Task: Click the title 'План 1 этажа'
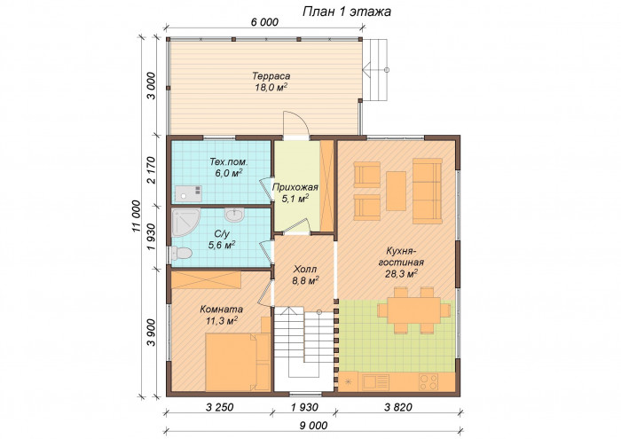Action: click(347, 12)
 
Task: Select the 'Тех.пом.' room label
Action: click(227, 163)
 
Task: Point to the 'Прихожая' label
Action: click(295, 187)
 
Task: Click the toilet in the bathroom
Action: click(182, 255)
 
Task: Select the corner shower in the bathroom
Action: click(185, 222)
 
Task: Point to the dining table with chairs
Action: click(413, 310)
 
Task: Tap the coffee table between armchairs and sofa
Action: click(396, 189)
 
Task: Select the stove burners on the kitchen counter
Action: click(428, 382)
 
